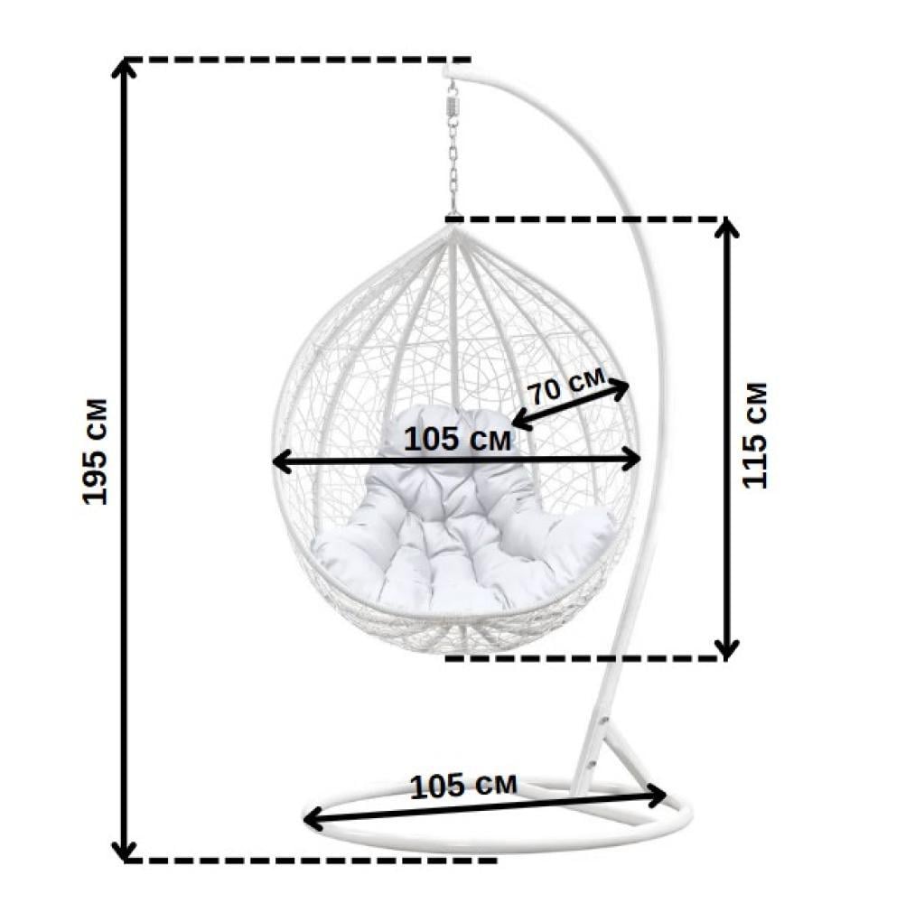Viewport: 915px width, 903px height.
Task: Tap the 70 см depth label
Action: [x=567, y=387]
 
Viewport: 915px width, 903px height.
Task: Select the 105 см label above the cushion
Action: [x=458, y=439]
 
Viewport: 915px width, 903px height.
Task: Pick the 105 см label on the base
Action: [x=463, y=786]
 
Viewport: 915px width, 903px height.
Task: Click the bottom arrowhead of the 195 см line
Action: [x=125, y=851]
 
